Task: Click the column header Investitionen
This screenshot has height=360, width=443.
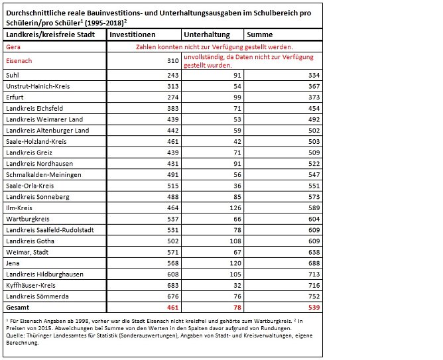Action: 133,34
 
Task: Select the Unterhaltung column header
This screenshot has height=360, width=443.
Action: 206,34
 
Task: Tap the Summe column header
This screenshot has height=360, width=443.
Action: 259,34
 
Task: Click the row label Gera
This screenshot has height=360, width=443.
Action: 13,47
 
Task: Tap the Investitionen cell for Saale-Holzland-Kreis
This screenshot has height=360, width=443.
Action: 174,141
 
